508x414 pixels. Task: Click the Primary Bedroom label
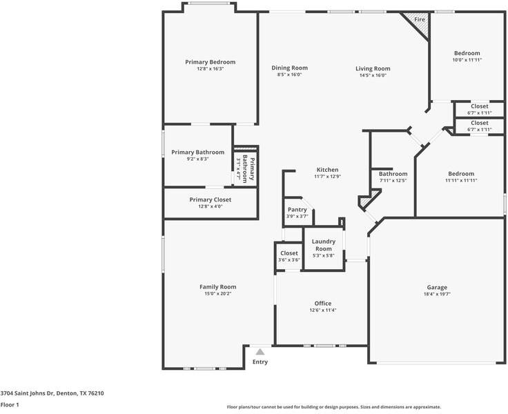click(211, 62)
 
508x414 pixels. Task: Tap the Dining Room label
click(289, 68)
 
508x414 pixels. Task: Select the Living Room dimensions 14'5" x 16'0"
click(373, 75)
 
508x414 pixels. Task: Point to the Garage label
click(436, 287)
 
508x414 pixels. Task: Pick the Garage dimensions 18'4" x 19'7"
click(436, 294)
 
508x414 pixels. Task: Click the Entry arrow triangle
click(260, 352)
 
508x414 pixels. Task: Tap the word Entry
click(260, 362)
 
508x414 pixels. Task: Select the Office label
click(323, 303)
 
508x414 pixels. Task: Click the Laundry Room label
click(324, 245)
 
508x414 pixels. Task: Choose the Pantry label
click(297, 210)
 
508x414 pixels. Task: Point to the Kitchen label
click(327, 170)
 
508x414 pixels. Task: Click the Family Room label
click(217, 287)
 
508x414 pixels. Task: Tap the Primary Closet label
click(211, 199)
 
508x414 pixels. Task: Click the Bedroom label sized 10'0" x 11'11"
click(467, 53)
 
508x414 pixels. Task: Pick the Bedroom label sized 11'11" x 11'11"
click(461, 174)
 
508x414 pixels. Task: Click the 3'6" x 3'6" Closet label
click(289, 253)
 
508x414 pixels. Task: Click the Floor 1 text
click(10, 405)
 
